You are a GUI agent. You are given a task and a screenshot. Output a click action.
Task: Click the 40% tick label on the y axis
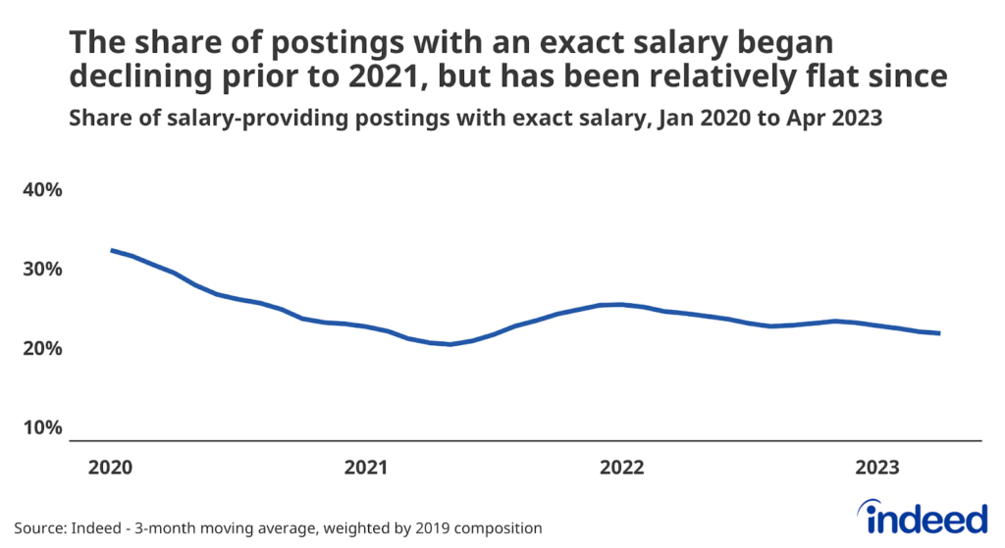[42, 189]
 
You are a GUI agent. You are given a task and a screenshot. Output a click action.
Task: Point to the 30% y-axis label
[42, 269]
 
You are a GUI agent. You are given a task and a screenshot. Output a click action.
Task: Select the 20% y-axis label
[42, 349]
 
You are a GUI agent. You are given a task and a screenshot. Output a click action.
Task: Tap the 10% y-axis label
[42, 428]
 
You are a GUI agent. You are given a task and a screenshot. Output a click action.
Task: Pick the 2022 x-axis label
[621, 468]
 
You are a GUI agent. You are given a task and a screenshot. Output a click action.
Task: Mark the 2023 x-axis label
[876, 468]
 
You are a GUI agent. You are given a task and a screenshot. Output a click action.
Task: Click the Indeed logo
[922, 516]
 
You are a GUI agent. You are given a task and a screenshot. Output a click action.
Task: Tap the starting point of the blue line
[111, 250]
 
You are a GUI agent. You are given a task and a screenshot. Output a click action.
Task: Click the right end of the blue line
[940, 333]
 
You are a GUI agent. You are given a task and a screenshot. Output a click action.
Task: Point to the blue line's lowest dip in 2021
[450, 344]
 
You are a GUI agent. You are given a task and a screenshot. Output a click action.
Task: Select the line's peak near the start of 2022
[618, 304]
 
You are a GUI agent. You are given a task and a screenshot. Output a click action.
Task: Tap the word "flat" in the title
[837, 76]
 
